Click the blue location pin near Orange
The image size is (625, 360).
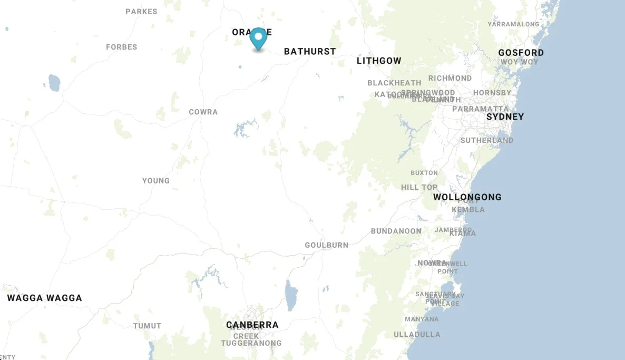coord(258,38)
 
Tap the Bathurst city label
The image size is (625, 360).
coord(310,51)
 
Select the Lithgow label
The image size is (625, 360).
coord(379,61)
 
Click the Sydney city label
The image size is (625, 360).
coord(505,116)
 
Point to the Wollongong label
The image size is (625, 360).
coord(467,197)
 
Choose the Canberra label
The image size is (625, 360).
coord(252,325)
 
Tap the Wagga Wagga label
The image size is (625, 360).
coord(45,298)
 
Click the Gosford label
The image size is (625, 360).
coord(521,52)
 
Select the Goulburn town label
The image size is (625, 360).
coord(327,245)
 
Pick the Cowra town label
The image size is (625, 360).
coord(203,112)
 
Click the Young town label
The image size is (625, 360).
coord(156,181)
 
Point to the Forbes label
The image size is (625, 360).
coord(122,47)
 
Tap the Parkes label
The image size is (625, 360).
coord(141,11)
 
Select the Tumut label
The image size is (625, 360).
coord(147,326)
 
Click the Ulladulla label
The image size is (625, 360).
coord(417,334)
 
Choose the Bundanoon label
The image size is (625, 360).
coord(396,231)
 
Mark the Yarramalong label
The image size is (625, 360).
coord(513,24)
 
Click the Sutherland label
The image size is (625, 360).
coord(487,140)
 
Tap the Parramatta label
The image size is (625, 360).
coord(481,109)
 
